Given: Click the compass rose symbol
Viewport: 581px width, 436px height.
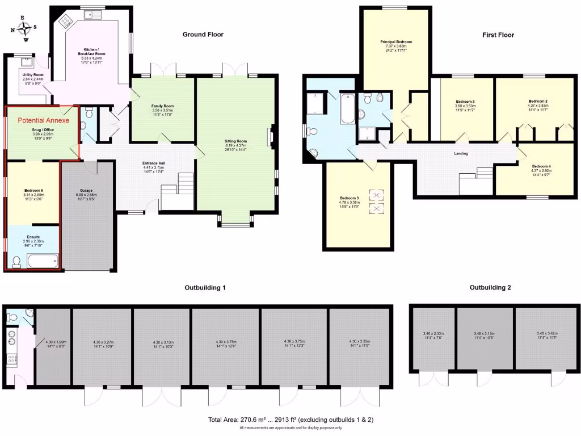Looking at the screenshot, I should [x=26, y=28].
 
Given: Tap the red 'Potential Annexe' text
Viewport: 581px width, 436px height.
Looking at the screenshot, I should [x=43, y=120].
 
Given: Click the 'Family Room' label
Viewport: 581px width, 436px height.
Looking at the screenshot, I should [x=162, y=106].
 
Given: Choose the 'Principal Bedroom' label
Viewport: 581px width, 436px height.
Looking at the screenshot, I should [x=395, y=42].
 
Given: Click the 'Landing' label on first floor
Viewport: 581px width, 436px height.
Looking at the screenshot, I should [x=461, y=153].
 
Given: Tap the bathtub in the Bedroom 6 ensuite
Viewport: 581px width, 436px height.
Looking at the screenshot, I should [x=43, y=262].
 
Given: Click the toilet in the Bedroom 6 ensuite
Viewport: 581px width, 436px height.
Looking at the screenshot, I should [x=16, y=261].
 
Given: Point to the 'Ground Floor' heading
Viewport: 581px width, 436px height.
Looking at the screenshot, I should [x=203, y=35].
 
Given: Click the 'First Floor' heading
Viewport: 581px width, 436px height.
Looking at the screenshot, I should [x=498, y=35].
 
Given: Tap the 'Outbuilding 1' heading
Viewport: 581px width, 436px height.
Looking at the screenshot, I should [x=205, y=288].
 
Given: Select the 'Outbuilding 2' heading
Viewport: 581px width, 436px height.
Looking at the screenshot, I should [x=490, y=288].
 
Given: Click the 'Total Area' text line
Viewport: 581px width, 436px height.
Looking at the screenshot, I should [x=290, y=420].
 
